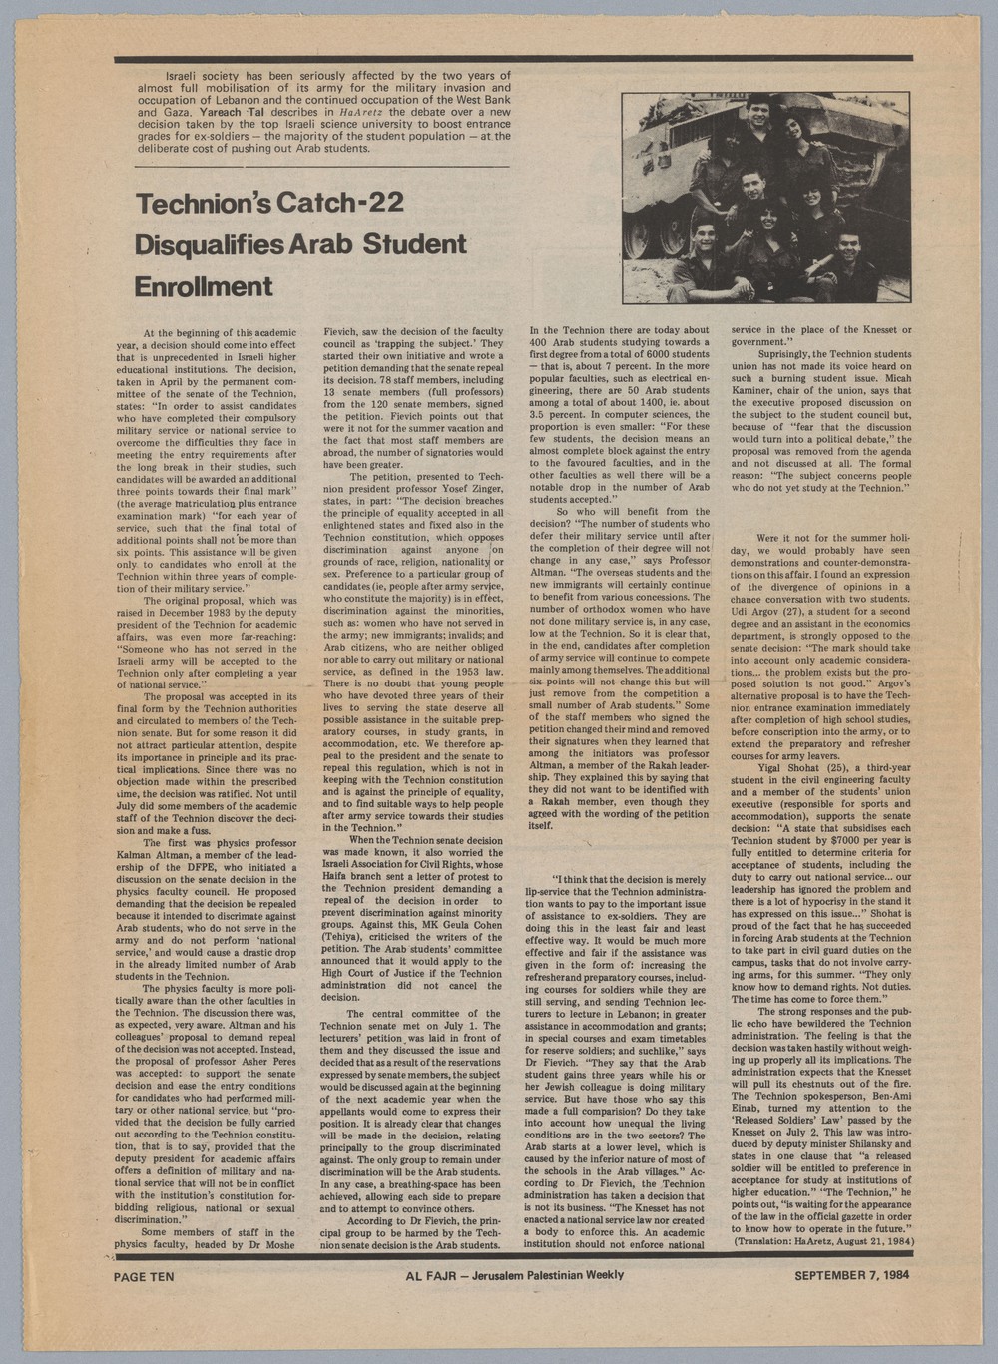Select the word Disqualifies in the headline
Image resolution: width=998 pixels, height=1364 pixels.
pos(205,245)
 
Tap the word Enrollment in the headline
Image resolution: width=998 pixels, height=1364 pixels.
pos(205,286)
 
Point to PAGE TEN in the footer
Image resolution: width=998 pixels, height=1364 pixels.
pos(147,1275)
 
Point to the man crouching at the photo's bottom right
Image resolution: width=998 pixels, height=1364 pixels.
pos(844,249)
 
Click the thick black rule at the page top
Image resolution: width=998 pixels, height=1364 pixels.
pos(513,59)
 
